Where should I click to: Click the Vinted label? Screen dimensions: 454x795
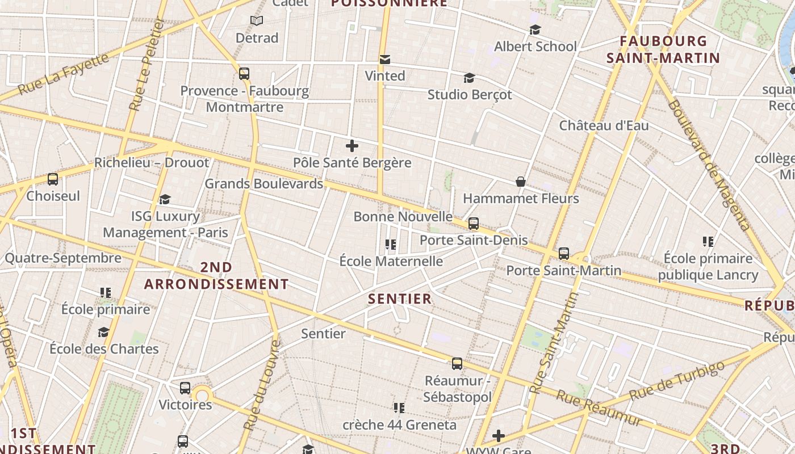385,76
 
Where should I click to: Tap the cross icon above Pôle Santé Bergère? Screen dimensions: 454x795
352,146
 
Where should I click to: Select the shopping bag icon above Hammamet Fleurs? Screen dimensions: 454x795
520,182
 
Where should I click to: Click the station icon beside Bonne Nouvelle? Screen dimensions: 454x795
474,223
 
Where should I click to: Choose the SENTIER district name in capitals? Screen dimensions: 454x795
400,299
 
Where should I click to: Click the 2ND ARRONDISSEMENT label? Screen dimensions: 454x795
216,276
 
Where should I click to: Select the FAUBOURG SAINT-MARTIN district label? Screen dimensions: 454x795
663,49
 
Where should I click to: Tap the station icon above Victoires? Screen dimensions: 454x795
185,388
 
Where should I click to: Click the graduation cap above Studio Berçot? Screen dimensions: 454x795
469,78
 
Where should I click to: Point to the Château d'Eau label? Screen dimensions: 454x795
604,125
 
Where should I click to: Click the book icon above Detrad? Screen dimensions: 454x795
257,21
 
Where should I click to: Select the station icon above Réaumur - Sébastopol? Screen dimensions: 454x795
457,364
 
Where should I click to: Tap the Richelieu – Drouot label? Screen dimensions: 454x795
152,162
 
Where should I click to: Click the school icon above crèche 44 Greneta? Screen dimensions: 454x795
399,407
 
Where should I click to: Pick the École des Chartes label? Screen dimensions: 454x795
104,348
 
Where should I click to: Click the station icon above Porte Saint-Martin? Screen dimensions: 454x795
563,253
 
